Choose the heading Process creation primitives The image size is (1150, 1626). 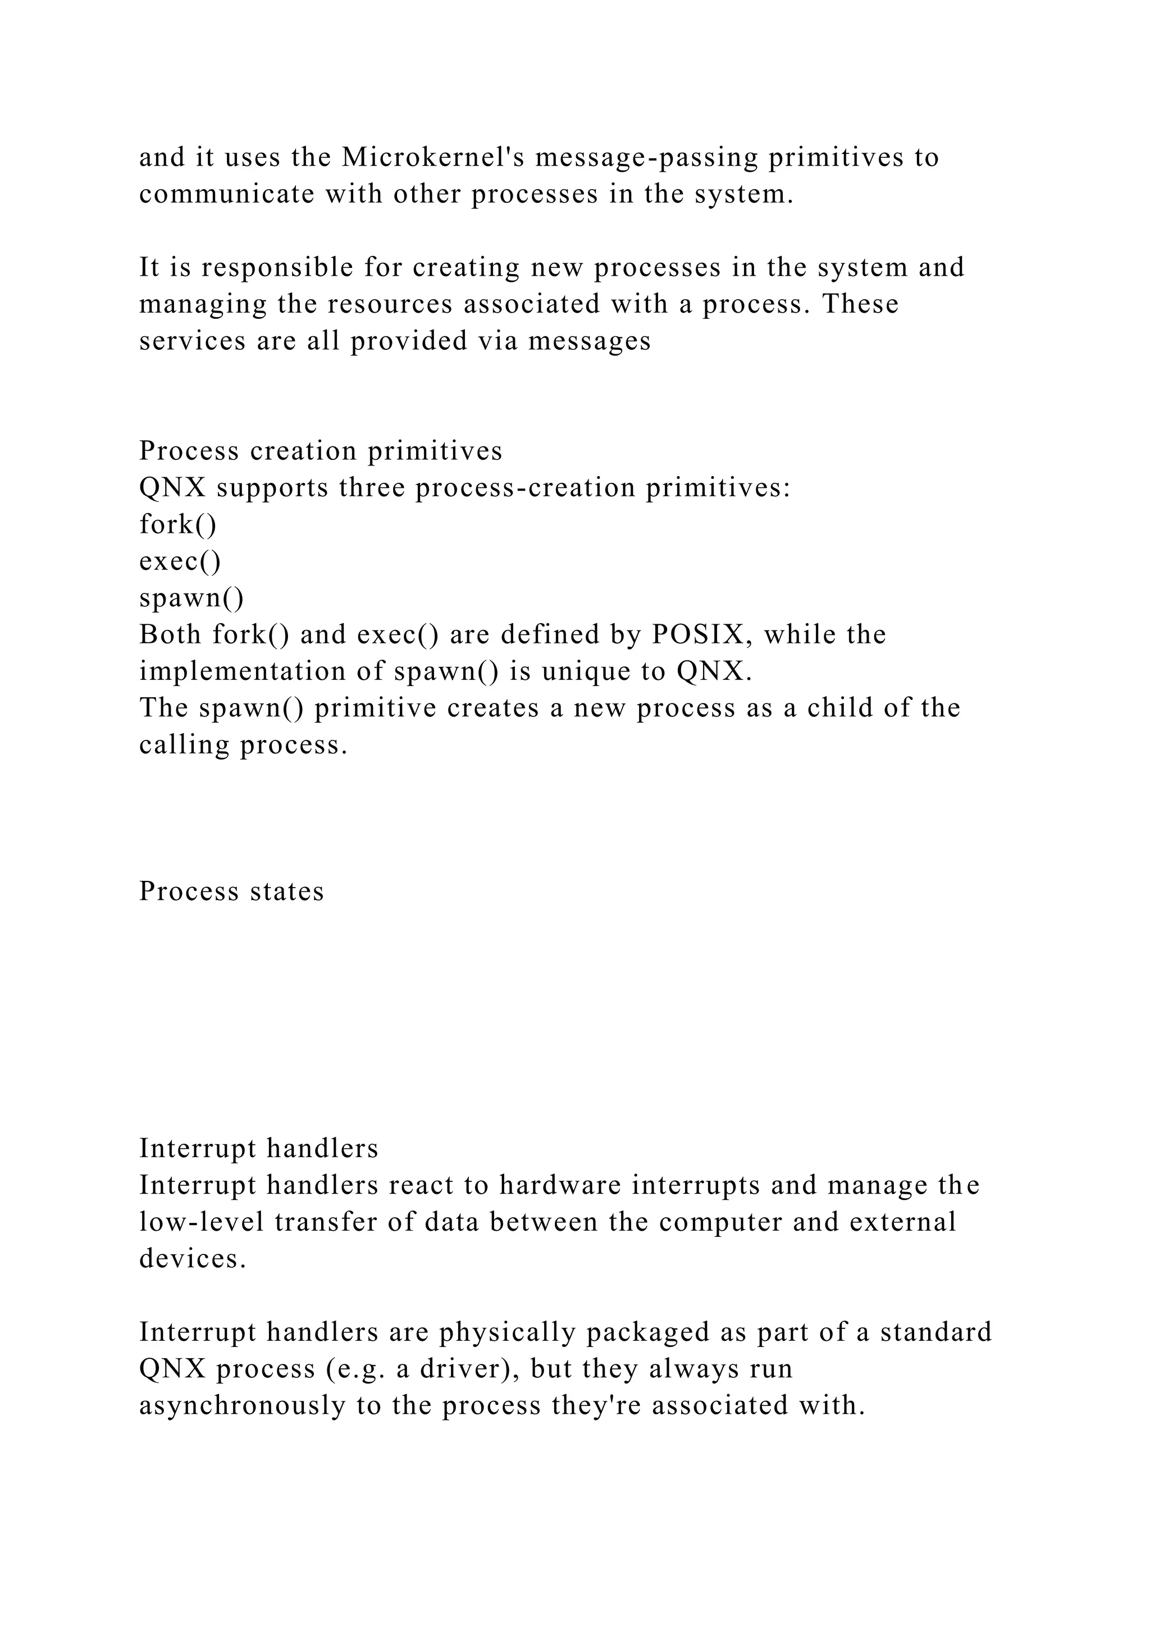[321, 451]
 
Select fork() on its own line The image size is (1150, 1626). [178, 525]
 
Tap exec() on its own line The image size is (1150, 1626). [180, 561]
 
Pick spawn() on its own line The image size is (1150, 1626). [191, 599]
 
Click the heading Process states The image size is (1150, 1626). [231, 892]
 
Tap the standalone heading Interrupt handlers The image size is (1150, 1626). [258, 1149]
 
